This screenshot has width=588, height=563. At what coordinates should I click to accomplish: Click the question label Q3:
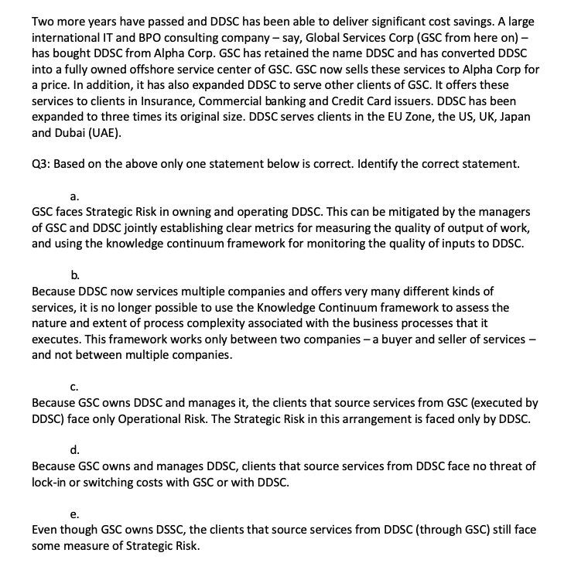(42, 163)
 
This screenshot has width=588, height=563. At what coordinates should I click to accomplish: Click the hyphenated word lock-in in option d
(51, 483)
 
